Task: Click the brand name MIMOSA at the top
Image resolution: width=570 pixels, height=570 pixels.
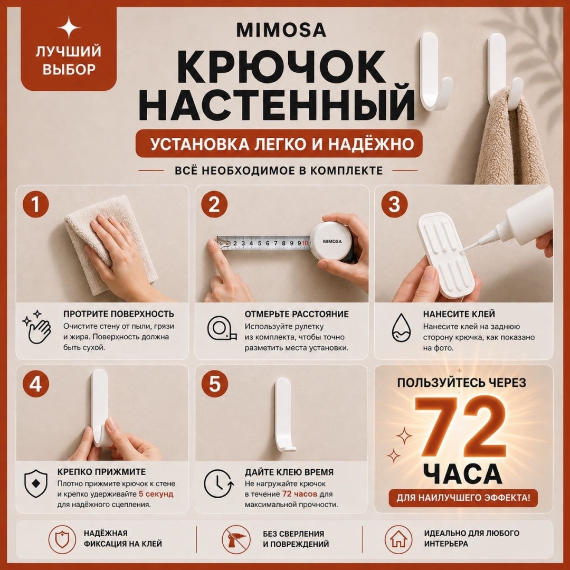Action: (281, 30)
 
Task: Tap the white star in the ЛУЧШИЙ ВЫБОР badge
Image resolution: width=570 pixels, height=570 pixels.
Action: (69, 27)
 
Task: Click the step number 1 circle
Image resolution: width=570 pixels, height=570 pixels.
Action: (36, 204)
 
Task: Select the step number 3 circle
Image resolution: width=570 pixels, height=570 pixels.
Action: (394, 204)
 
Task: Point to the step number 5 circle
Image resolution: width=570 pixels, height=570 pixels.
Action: (215, 384)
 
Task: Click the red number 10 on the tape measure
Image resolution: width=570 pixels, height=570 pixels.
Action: (305, 243)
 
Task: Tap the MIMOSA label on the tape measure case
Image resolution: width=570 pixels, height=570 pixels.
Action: (332, 241)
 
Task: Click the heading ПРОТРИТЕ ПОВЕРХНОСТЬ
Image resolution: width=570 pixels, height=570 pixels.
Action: (119, 314)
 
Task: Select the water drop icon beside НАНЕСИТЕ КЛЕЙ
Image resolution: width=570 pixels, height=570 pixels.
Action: (401, 328)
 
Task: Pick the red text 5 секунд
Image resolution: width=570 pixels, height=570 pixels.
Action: (156, 494)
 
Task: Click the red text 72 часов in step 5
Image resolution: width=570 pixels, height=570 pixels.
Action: (300, 494)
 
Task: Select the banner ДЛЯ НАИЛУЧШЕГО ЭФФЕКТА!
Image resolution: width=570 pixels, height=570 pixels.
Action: (463, 497)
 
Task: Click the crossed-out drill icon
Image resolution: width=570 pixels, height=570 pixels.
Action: (236, 539)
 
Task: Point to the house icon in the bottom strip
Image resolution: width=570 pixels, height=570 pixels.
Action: (399, 539)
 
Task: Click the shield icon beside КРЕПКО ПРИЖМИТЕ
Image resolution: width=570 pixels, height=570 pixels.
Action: (36, 484)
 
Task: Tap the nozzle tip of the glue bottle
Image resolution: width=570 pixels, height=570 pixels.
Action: (462, 251)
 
